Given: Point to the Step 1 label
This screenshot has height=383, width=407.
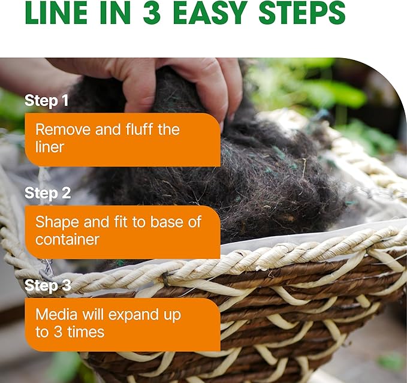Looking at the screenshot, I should coord(46,101).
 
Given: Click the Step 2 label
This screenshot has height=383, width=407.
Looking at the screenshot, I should coord(47,194).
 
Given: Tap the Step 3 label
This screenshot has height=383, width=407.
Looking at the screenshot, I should coord(47,286).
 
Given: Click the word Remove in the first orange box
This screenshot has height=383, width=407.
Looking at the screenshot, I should coord(61,130).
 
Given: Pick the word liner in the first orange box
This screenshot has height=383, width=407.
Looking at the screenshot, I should coord(49,147).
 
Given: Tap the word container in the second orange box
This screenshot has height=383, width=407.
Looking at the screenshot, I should coord(67,240).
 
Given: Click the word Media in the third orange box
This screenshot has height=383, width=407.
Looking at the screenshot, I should coord(55,315).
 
